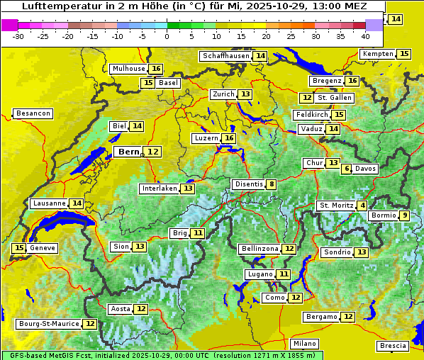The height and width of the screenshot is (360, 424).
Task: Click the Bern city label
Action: click(129, 152)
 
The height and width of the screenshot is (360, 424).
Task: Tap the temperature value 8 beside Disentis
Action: click(271, 184)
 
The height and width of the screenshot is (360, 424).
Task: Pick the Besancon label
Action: click(33, 113)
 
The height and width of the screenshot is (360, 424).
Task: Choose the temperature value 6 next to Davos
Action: click(347, 169)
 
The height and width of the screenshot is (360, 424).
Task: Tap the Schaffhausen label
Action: click(226, 56)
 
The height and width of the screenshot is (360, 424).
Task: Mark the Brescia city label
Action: click(394, 346)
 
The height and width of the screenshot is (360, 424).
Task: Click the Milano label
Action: click(305, 343)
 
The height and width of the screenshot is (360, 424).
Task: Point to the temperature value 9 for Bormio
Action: click(405, 215)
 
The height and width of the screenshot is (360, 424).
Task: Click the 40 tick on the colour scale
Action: click(365, 35)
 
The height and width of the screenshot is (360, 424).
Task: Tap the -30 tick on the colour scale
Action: click(18, 35)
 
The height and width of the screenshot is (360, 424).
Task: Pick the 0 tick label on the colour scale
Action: click(167, 35)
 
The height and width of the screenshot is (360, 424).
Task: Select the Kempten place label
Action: click(377, 54)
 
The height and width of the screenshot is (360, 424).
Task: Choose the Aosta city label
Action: click(121, 309)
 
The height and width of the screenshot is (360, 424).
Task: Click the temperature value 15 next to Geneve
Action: click(19, 248)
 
